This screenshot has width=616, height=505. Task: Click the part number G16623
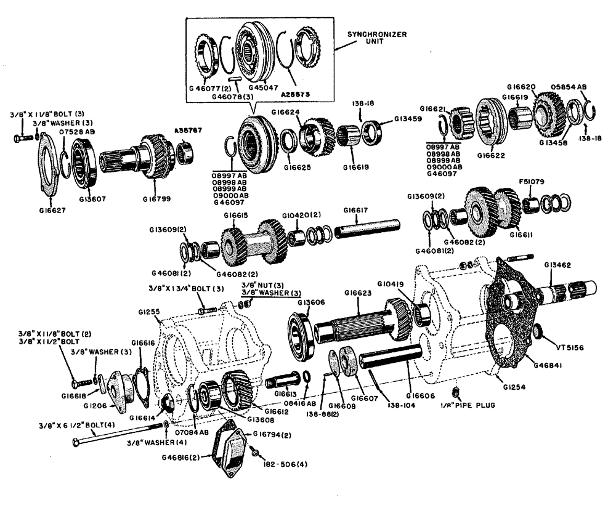coord(357,293)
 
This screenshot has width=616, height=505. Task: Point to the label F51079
coord(529,182)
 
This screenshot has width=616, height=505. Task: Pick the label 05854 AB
coord(568,87)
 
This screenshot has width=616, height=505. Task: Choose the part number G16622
coord(493,156)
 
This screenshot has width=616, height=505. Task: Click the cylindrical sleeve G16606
coord(391,356)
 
